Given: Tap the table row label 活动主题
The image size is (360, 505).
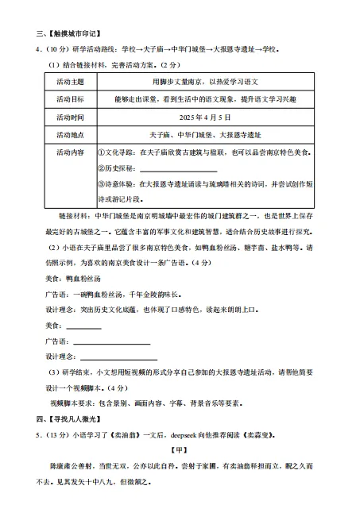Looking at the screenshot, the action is click(x=71, y=82).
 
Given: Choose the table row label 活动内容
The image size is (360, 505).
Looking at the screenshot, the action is click(x=71, y=152).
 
